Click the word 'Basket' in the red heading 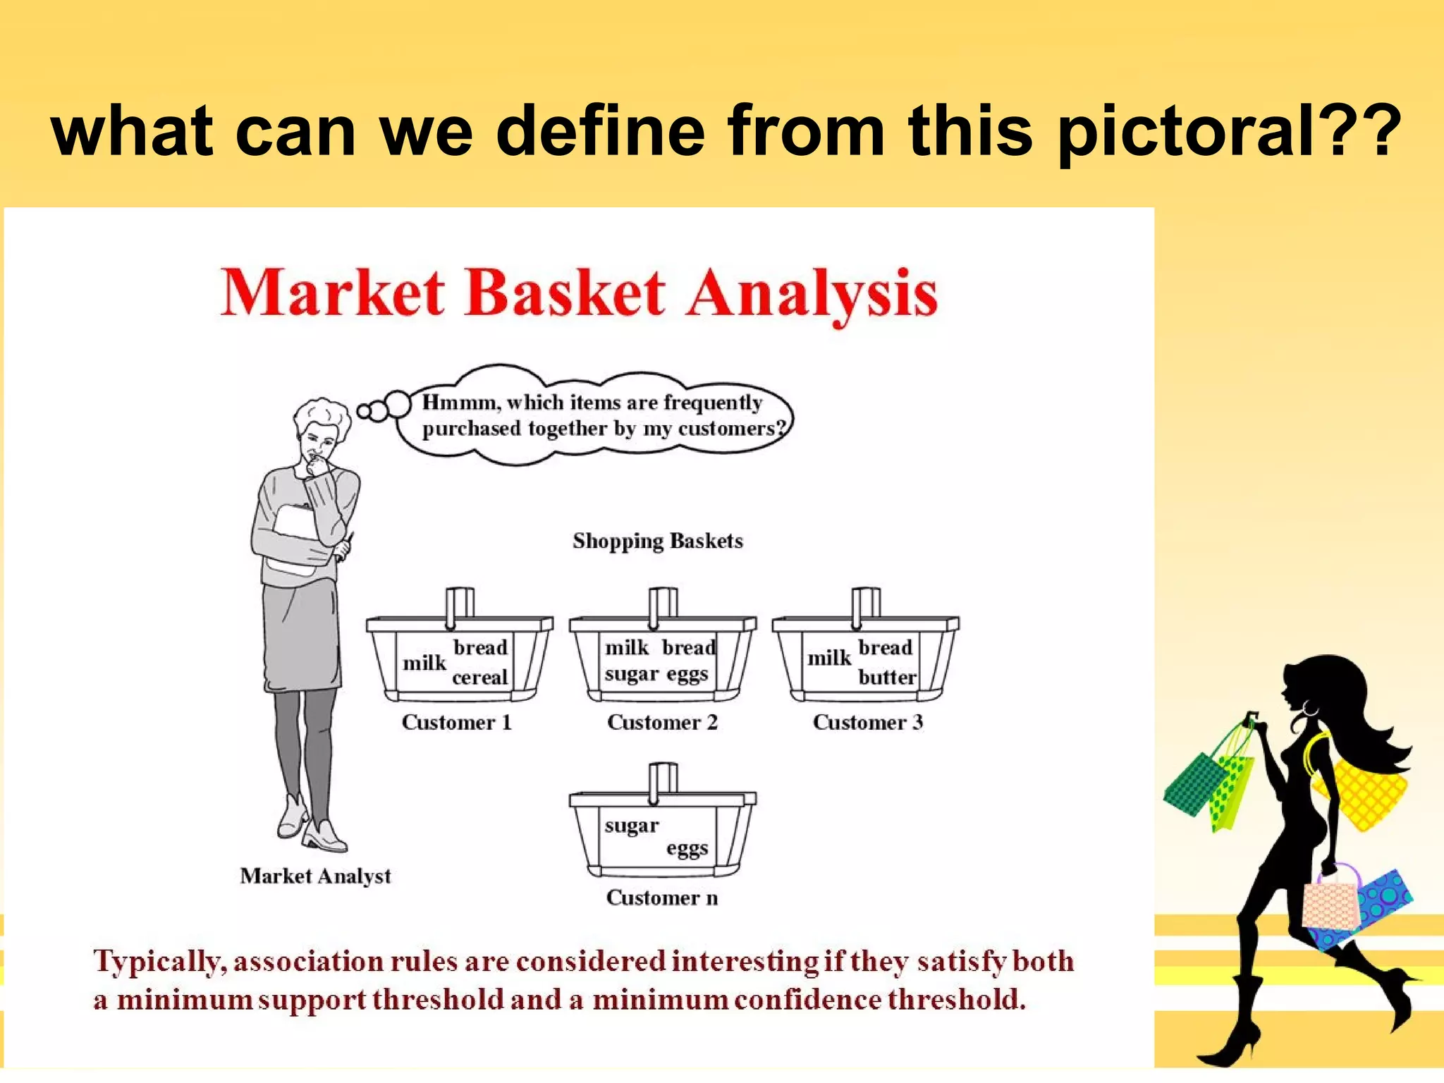[x=564, y=293]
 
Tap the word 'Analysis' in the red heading [x=812, y=295]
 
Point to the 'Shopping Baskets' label [x=657, y=541]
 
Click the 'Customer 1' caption [x=456, y=722]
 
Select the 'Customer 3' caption [x=867, y=722]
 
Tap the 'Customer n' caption [x=661, y=898]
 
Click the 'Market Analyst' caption [x=315, y=876]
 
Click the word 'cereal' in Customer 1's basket [x=479, y=677]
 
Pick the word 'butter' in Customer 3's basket [x=887, y=677]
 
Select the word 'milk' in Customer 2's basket [x=626, y=647]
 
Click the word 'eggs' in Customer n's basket [x=687, y=848]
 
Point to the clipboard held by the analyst [x=300, y=539]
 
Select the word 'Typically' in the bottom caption [x=159, y=962]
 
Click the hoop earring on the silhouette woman [x=1309, y=708]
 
